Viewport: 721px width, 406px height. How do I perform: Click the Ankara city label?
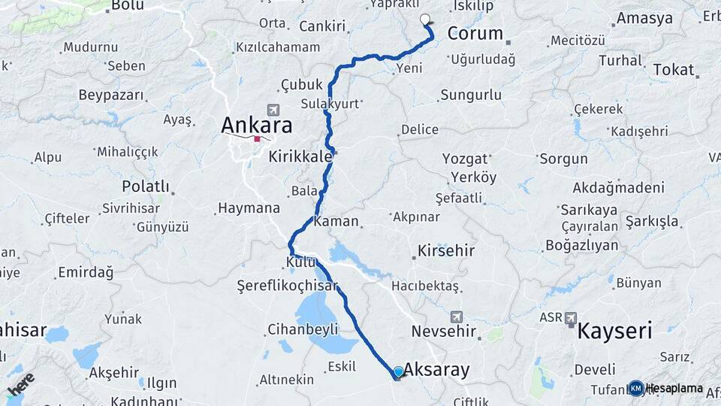pos(256,124)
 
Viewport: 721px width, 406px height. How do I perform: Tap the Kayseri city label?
pos(614,330)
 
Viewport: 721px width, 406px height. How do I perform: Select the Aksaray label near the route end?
pos(436,369)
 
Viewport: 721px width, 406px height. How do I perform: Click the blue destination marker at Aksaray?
pos(398,371)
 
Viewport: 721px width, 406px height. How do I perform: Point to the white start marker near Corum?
pos(425,20)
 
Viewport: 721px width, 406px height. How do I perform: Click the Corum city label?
pos(475,33)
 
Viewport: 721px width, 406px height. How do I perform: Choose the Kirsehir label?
pos(446,250)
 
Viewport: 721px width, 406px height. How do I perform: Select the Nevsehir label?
pos(445,331)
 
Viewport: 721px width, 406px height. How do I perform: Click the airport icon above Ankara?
pos(272,110)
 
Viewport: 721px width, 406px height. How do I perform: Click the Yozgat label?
pos(465,159)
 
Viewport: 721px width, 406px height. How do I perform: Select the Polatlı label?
pos(146,186)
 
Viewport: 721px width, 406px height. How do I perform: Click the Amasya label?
pos(644,18)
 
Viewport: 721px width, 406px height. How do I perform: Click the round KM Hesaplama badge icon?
pos(636,388)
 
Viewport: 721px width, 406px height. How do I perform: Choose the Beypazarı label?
pos(110,95)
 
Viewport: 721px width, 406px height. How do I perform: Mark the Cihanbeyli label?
pos(303,329)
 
